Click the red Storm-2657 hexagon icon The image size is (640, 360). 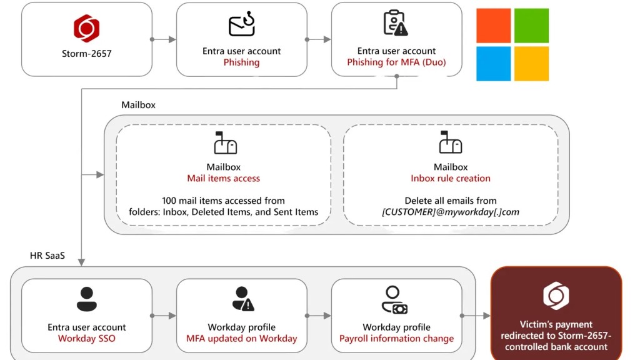pyautogui.click(x=86, y=28)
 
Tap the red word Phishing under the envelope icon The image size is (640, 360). pyautogui.click(x=241, y=62)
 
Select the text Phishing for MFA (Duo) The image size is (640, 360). pyautogui.click(x=396, y=62)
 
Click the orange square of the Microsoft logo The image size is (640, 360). pyautogui.click(x=493, y=26)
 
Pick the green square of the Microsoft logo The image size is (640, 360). pyautogui.click(x=531, y=26)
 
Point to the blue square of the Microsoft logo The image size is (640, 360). pyautogui.click(x=493, y=64)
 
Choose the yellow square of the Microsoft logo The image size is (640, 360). pyautogui.click(x=531, y=64)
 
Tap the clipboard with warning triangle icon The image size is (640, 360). pyautogui.click(x=396, y=23)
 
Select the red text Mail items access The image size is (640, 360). pyautogui.click(x=224, y=179)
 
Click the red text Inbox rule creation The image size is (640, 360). pyautogui.click(x=451, y=179)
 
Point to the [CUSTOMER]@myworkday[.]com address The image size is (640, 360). pyautogui.click(x=451, y=212)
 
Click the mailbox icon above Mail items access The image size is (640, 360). pyautogui.click(x=224, y=143)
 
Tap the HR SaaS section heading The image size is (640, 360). pyautogui.click(x=47, y=256)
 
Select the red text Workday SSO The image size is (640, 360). pyautogui.click(x=87, y=339)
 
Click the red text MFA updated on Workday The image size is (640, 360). pyautogui.click(x=241, y=339)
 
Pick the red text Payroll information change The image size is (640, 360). pyautogui.click(x=396, y=339)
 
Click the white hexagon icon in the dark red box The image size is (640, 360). pyautogui.click(x=556, y=296)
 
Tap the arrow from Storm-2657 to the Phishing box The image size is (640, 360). pyautogui.click(x=164, y=39)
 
